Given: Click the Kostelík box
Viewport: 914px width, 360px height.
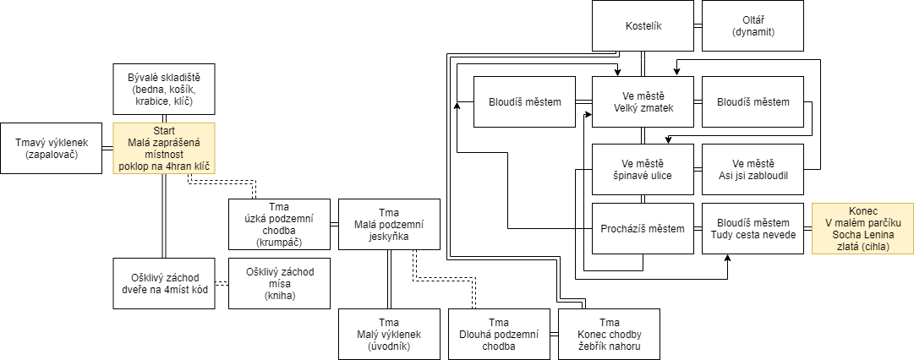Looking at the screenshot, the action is [x=643, y=25].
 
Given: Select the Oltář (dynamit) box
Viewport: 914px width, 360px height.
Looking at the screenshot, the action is [x=753, y=25].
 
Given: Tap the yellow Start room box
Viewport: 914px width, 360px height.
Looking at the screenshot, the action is [x=164, y=148].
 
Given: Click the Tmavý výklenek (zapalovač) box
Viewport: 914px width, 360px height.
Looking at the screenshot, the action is [x=51, y=148].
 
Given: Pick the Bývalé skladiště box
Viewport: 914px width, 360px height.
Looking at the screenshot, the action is [x=164, y=89].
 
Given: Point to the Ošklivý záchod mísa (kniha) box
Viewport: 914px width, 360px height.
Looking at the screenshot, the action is [x=279, y=283].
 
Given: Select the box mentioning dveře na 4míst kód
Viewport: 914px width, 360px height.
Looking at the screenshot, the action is [x=164, y=283].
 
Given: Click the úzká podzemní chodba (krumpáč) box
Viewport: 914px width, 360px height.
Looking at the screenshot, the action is [x=279, y=224].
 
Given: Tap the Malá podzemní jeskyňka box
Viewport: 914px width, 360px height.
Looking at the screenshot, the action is [x=389, y=224].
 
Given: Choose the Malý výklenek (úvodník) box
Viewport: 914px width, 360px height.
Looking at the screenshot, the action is [x=389, y=334].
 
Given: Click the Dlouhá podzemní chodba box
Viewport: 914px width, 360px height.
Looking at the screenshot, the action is [x=499, y=334].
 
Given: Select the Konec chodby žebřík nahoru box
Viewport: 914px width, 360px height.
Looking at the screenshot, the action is [x=609, y=334].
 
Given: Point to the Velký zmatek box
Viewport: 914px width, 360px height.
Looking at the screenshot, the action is [x=643, y=101].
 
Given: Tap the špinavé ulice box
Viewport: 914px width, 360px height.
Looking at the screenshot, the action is [x=643, y=169].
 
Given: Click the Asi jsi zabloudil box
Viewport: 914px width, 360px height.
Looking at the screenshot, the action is [x=753, y=169].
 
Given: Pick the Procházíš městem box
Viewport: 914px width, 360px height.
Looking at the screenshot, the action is [x=643, y=228].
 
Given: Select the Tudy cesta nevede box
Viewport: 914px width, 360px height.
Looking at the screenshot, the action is [x=753, y=228].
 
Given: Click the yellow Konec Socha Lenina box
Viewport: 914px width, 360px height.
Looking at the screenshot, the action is [x=862, y=228].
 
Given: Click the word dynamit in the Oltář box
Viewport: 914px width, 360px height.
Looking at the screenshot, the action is [x=753, y=33].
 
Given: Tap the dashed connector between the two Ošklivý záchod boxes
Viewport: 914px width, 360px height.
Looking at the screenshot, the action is [x=222, y=284].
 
